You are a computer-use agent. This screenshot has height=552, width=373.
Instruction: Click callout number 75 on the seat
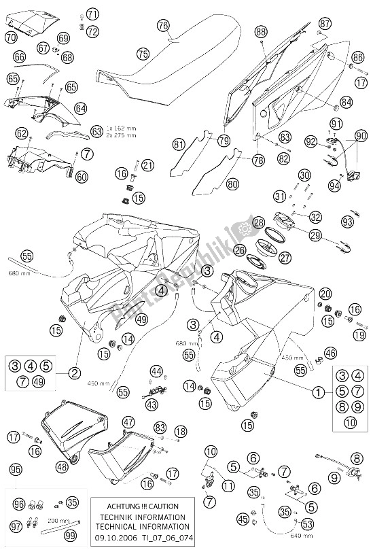[x=141, y=52]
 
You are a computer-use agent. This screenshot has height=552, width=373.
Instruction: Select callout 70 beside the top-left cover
[x=11, y=38]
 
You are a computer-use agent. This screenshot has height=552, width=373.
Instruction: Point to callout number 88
[x=262, y=32]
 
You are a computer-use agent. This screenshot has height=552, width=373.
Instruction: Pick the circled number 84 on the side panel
[x=347, y=103]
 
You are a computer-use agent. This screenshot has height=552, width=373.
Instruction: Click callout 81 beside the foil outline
[x=179, y=144]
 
